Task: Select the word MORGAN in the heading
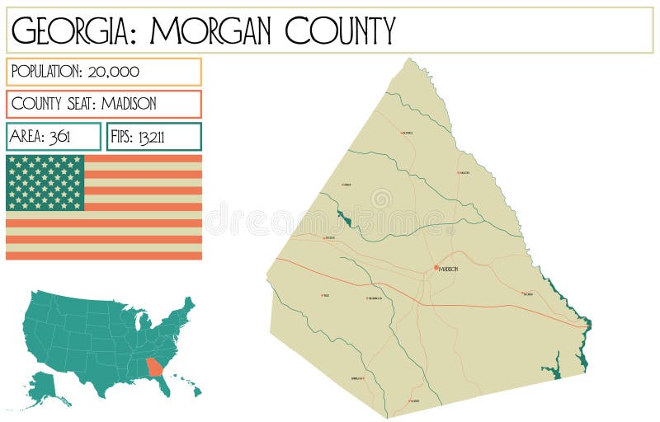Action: pyautogui.click(x=211, y=30)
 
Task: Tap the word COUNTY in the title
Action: pyautogui.click(x=341, y=30)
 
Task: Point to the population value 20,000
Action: pyautogui.click(x=111, y=72)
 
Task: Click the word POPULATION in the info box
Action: pyautogui.click(x=45, y=72)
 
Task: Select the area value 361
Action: pyautogui.click(x=59, y=137)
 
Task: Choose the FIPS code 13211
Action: pyautogui.click(x=151, y=137)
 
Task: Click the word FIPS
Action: pyautogui.click(x=122, y=137)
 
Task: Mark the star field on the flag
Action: pyautogui.click(x=45, y=182)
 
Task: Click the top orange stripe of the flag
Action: pyautogui.click(x=143, y=158)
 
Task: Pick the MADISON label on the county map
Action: pyautogui.click(x=449, y=270)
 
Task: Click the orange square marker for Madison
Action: pyautogui.click(x=436, y=268)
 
